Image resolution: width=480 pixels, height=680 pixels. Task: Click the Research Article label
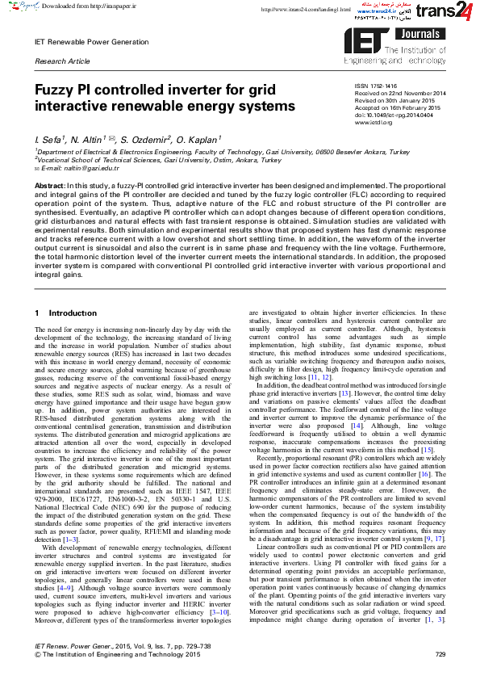62,61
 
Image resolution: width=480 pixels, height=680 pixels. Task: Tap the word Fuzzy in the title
53,91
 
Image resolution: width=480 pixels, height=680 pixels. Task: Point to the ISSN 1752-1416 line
376,85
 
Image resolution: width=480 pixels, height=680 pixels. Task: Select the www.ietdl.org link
370,121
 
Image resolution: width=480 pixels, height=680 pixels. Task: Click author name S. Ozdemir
148,139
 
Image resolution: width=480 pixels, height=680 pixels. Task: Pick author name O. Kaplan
201,139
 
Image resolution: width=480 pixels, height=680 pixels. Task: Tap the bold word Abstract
49,186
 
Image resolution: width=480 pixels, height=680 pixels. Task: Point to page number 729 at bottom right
440,653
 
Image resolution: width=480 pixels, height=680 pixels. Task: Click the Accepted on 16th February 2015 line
398,107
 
